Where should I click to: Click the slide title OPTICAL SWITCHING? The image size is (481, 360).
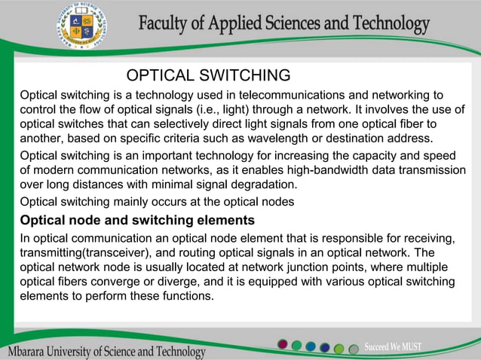[208, 75]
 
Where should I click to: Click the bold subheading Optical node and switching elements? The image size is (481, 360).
[136, 221]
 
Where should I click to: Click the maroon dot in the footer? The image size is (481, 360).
[283, 345]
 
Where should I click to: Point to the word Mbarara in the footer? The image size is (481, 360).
[29, 352]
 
